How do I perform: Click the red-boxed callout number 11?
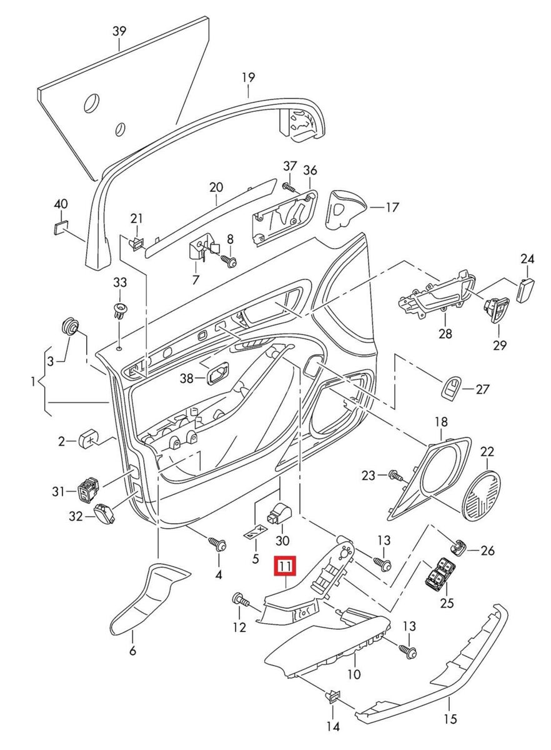[285, 566]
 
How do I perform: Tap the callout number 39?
[119, 31]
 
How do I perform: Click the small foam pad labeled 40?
[61, 229]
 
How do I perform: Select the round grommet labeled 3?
[71, 326]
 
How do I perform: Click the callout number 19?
[249, 77]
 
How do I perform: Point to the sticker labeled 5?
[256, 532]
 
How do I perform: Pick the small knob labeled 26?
[457, 547]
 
